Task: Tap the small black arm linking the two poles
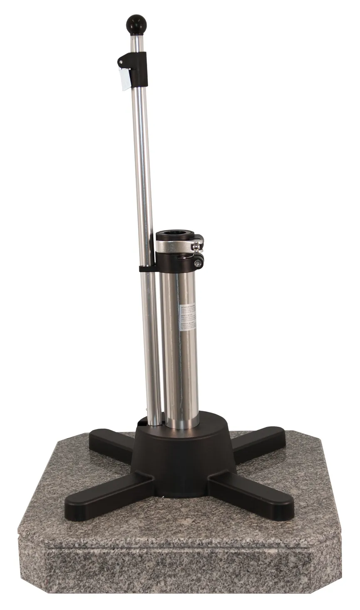tap(147, 269)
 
